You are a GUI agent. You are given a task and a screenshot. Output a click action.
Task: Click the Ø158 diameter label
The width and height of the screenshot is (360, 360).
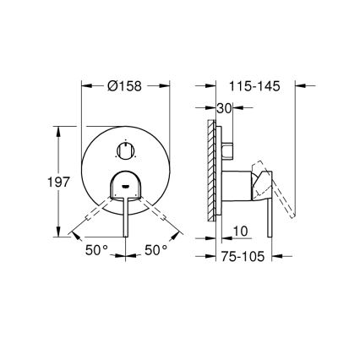[x=126, y=85]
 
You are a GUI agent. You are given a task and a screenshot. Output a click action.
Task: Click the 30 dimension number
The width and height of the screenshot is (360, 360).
[x=224, y=108]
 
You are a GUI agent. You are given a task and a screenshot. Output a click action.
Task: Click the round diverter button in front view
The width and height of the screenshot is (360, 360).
[x=126, y=151]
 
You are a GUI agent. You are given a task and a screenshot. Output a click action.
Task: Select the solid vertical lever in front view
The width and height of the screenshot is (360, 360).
[x=126, y=215]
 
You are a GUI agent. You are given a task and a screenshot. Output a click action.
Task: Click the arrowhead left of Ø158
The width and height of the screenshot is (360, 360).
[x=85, y=85]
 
